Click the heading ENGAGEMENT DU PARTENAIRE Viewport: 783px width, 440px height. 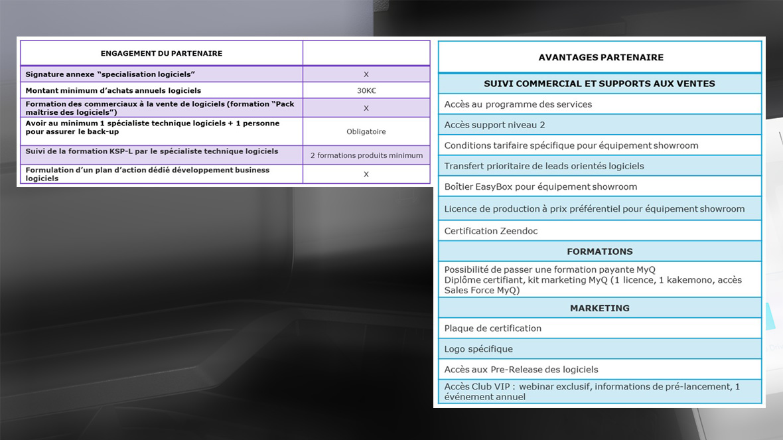[x=161, y=53]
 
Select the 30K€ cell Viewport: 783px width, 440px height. [x=366, y=91]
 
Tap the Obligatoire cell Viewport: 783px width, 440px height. [x=366, y=131]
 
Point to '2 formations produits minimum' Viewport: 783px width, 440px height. [x=366, y=155]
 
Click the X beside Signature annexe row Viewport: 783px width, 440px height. [x=366, y=74]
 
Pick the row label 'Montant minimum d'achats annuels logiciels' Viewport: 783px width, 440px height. [x=113, y=91]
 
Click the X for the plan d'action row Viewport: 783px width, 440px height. [x=366, y=174]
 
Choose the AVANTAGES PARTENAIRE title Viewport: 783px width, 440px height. [x=601, y=58]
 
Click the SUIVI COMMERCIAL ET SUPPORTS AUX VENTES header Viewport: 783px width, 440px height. [x=600, y=84]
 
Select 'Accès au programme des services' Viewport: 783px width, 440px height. [x=518, y=104]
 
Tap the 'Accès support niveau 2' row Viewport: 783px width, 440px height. [x=494, y=125]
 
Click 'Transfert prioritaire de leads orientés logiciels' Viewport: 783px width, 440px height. [x=544, y=166]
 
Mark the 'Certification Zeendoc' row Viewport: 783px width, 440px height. [x=491, y=231]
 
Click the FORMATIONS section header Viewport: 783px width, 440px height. [x=600, y=252]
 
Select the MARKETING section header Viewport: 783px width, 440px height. [x=600, y=308]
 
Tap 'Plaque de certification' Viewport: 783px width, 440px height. [x=493, y=329]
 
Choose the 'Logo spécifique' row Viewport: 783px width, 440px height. [x=478, y=349]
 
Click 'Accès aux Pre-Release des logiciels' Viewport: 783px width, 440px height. [x=521, y=370]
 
